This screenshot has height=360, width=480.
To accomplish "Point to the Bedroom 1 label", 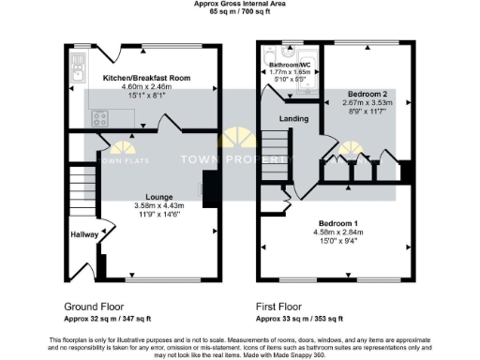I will click(x=336, y=224).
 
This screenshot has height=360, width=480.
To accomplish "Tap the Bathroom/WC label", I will click(x=288, y=65).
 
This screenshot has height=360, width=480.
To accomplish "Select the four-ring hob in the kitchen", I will click(x=100, y=119).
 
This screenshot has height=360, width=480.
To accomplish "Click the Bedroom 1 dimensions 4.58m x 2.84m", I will click(x=336, y=232).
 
